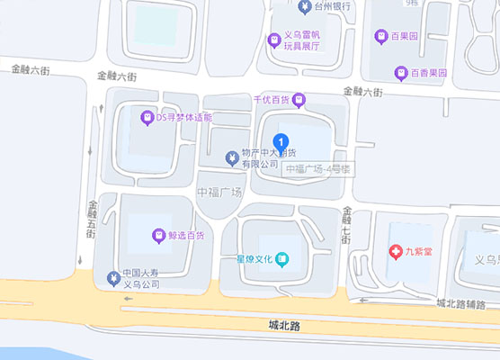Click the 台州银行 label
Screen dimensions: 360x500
332,7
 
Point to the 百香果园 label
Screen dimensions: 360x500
422,73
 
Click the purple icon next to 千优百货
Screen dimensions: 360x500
299,99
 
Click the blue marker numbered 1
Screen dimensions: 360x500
283,142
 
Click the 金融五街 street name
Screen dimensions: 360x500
92,220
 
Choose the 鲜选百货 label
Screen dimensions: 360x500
186,237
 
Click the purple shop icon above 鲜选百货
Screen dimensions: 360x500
159,236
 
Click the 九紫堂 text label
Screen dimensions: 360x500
418,252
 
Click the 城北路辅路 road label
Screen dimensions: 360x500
466,303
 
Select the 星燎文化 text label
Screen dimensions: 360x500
254,260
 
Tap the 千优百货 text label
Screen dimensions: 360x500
268,99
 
